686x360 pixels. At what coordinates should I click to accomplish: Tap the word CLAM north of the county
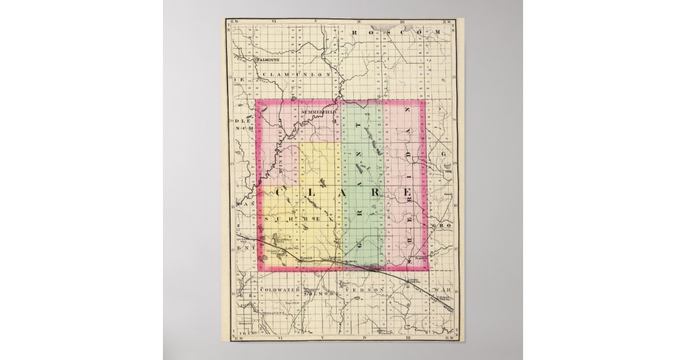pos(274,74)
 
